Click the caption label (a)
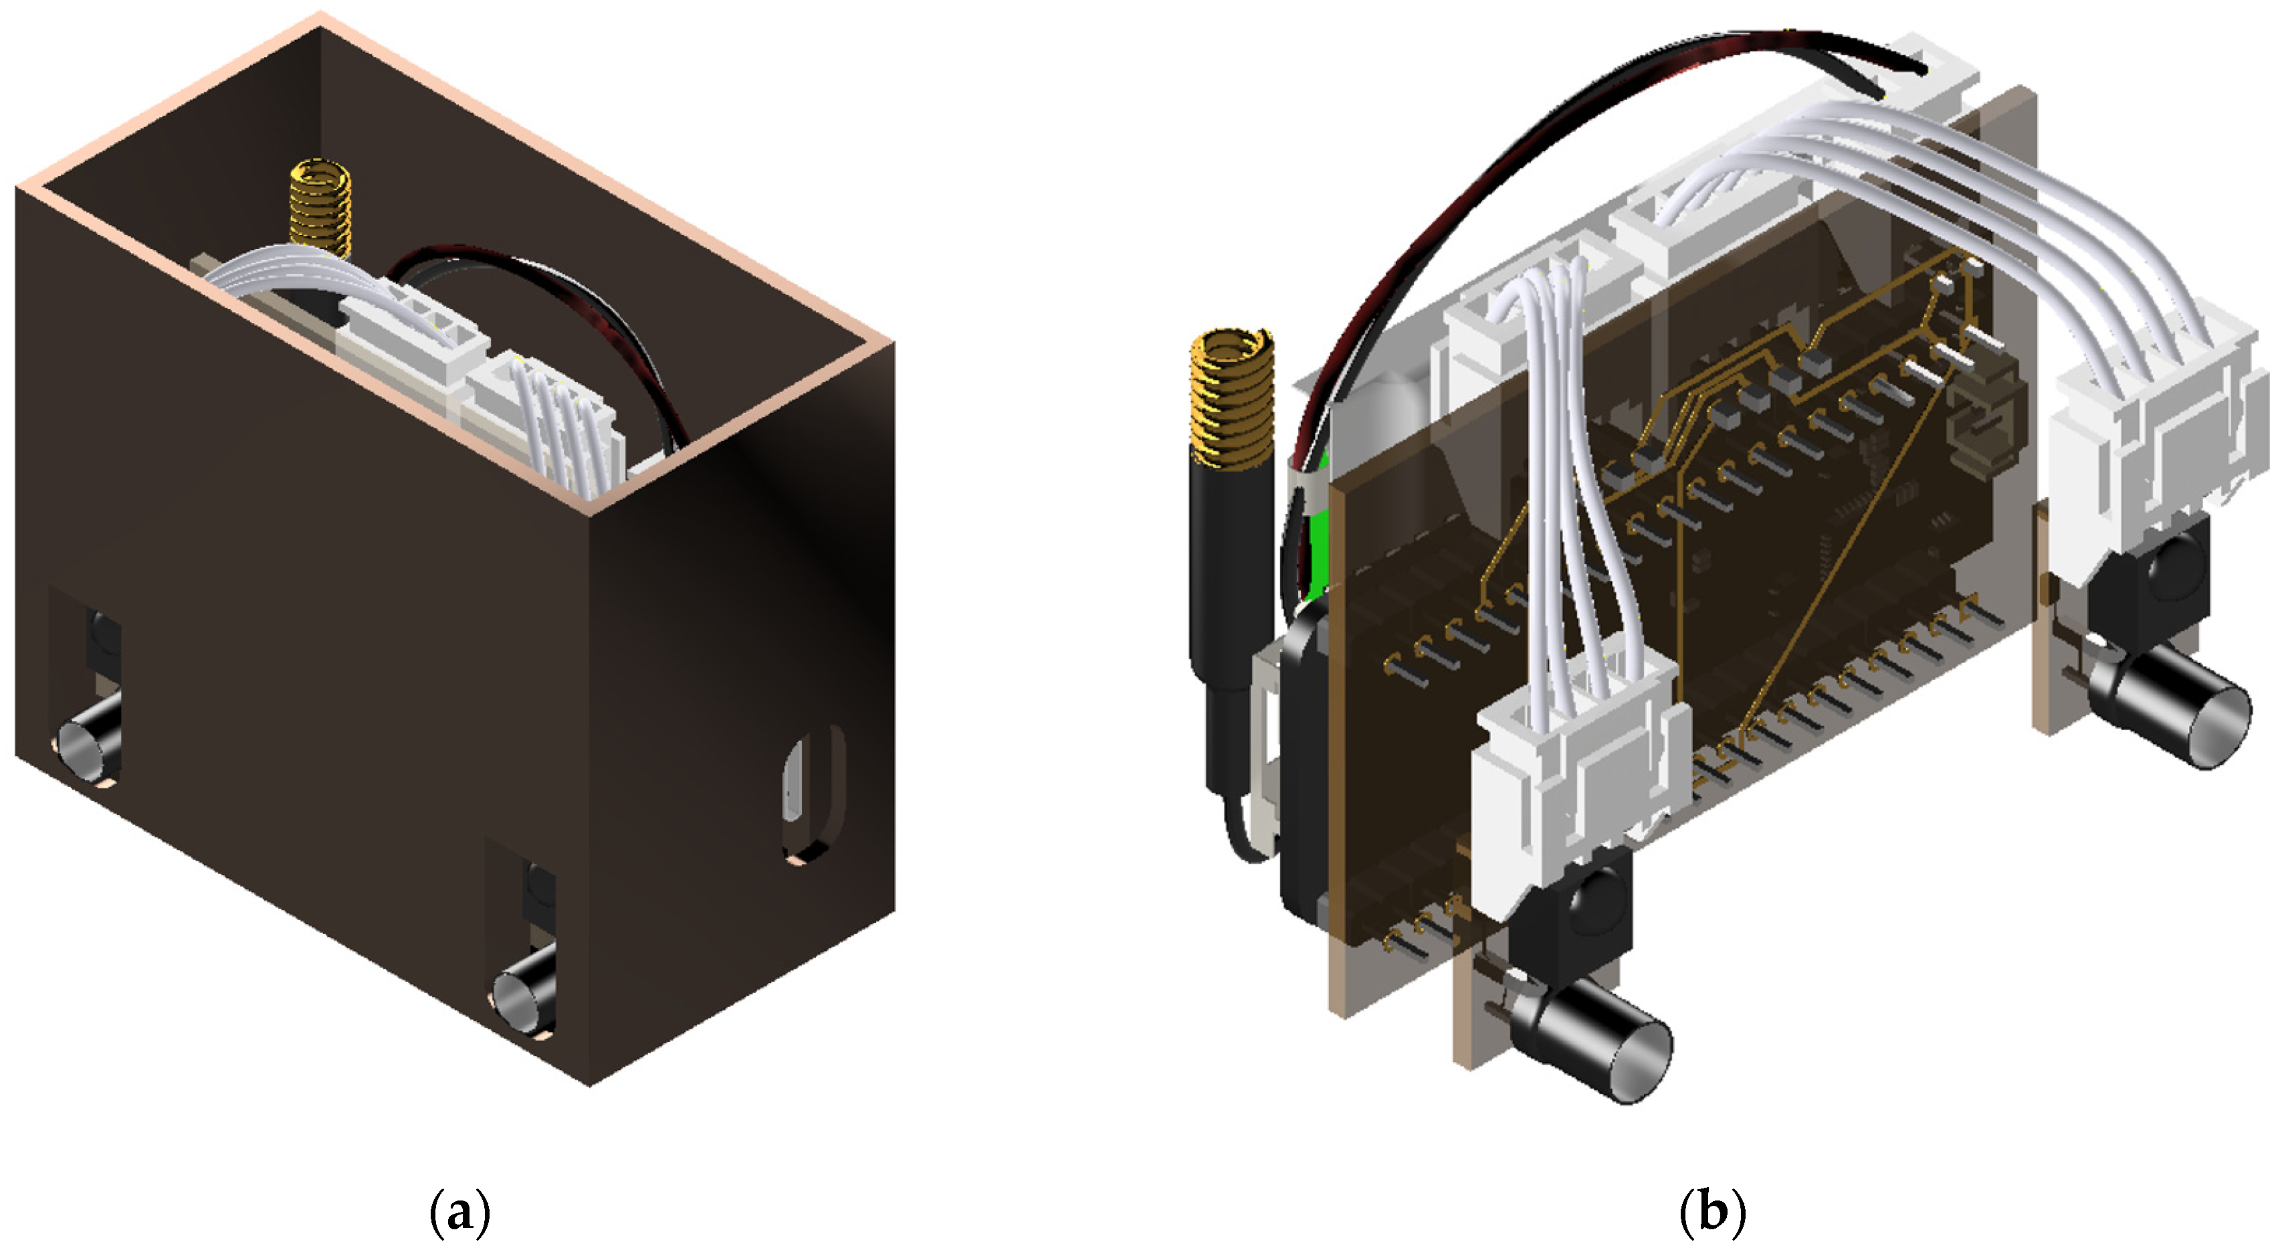459,1212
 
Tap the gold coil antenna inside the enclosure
320,209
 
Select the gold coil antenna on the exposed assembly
1232,397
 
